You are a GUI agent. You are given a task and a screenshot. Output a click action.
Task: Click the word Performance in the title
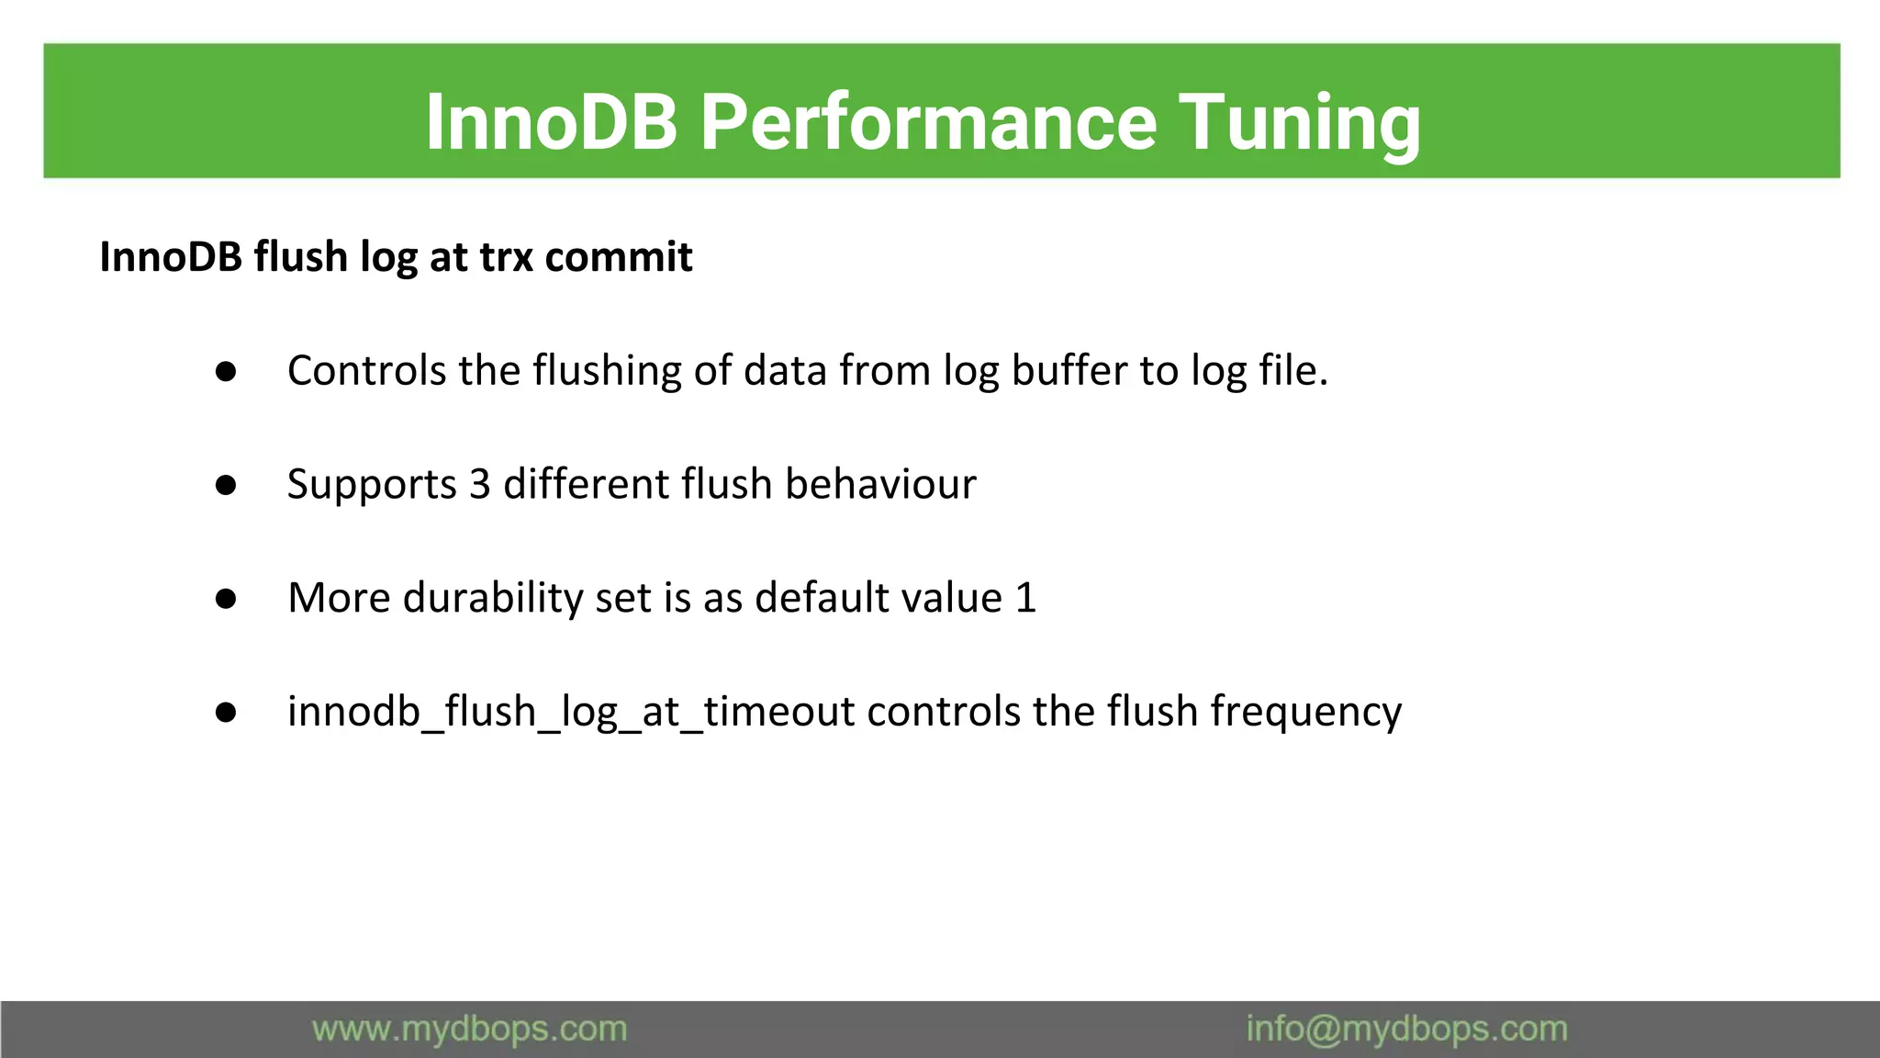coord(928,122)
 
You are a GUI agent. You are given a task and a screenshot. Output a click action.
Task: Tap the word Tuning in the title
coord(1299,122)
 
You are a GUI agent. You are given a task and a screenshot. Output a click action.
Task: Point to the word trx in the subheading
coord(507,257)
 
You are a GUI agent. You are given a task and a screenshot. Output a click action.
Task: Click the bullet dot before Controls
coord(226,372)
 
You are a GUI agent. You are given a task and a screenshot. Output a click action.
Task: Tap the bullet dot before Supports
coord(226,485)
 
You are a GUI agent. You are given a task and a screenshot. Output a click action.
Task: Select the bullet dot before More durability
coord(226,599)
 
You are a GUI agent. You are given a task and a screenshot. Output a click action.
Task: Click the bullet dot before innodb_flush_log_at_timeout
coord(226,713)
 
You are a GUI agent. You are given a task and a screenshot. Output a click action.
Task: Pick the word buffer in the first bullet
coord(1069,371)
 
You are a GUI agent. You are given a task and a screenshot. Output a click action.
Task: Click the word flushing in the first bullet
coord(607,371)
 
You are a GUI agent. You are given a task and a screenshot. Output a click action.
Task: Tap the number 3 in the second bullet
coord(479,485)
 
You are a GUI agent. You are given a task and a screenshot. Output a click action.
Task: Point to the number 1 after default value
coord(1025,599)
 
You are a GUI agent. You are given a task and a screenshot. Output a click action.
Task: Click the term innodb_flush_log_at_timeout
coord(571,713)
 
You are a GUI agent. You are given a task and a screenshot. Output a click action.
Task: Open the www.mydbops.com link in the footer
coord(469,1030)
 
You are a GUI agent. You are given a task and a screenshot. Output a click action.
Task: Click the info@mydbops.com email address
coord(1406,1030)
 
